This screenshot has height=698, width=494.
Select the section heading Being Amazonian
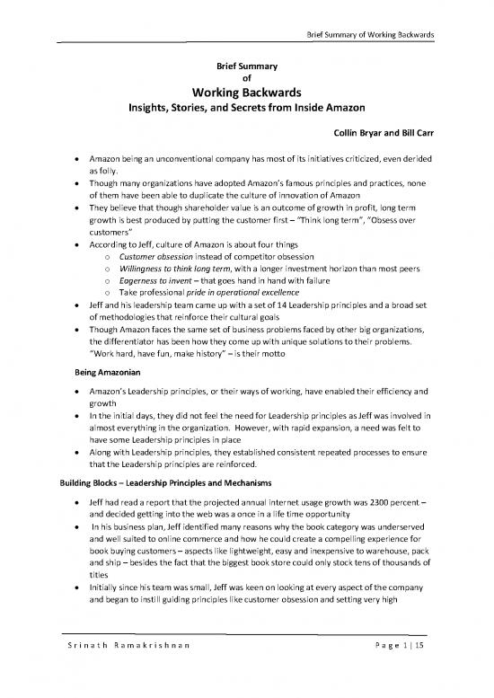100,370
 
